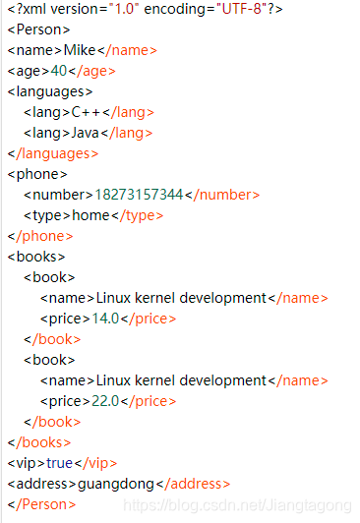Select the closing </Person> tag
pyautogui.click(x=40, y=504)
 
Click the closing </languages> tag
pyautogui.click(x=52, y=153)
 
